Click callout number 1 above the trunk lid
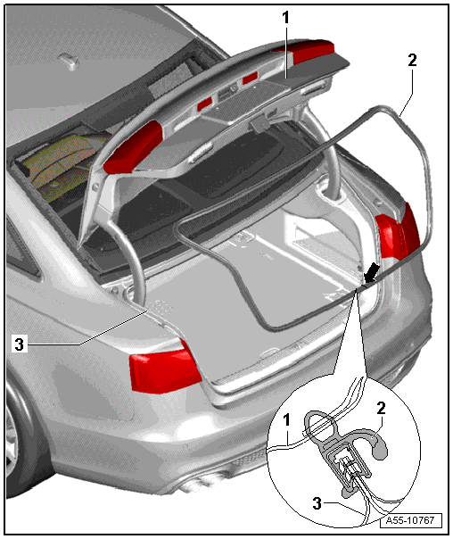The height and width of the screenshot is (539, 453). coord(285,18)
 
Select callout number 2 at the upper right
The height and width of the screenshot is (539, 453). coord(412,60)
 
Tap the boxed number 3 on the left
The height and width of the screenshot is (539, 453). coord(20,344)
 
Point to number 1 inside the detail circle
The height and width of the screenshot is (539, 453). coord(286,420)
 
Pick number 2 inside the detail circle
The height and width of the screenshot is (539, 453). coord(382,409)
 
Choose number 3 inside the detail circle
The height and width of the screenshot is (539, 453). coord(317,503)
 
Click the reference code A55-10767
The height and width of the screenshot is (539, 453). coord(410,520)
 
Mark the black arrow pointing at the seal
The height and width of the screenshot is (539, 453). coord(372,273)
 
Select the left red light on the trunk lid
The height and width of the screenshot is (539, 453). coord(132,148)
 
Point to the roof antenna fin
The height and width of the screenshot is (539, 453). coord(70,62)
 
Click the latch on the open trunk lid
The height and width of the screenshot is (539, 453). coord(260,124)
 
